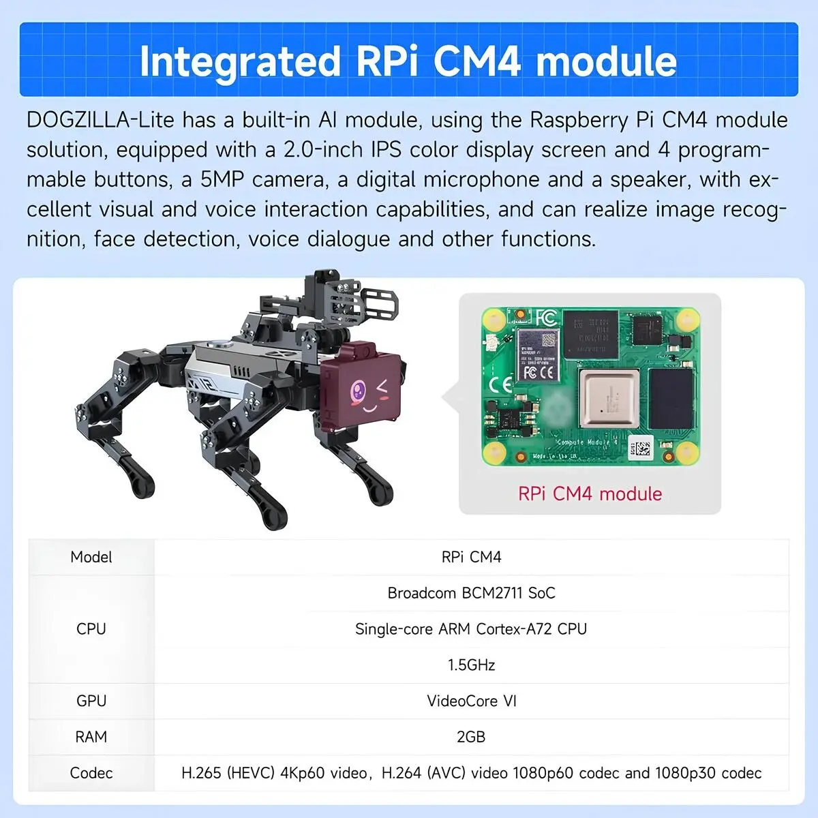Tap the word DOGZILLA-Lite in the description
[x=101, y=120]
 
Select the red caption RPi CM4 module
[x=590, y=494]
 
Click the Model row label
[x=91, y=557]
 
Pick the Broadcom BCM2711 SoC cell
[x=471, y=592]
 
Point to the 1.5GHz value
[x=471, y=665]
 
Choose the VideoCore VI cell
[x=471, y=701]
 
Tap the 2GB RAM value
[x=471, y=736]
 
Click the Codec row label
[x=91, y=773]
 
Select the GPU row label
[x=91, y=701]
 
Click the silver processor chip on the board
[x=609, y=398]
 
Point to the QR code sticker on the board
[x=640, y=447]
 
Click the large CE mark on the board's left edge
[x=500, y=384]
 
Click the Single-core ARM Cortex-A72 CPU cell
[x=471, y=628]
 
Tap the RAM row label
[x=91, y=737]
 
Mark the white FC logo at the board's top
[x=546, y=318]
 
